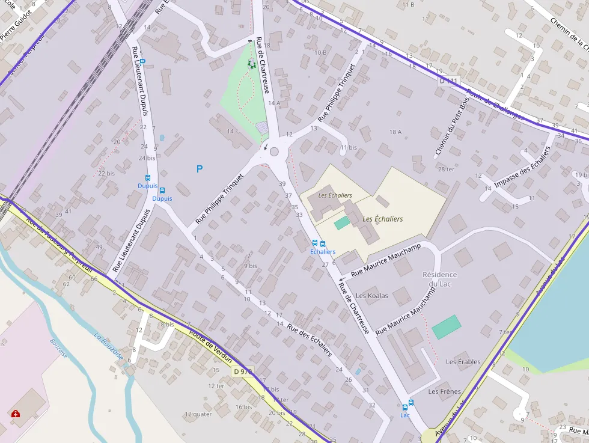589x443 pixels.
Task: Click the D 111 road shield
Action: point(448,81)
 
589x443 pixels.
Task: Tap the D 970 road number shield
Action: point(243,371)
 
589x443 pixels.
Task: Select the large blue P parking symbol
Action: point(200,170)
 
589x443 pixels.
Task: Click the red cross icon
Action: point(15,414)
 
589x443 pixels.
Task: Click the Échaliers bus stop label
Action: point(323,252)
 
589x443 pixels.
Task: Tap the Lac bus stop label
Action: point(405,415)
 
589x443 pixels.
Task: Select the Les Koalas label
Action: point(372,296)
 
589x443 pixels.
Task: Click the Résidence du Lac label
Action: point(439,279)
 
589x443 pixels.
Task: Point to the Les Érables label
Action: point(463,362)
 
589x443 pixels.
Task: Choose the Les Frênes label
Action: point(445,392)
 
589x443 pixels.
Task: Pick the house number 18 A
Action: point(395,132)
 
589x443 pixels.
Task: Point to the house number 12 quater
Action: point(198,414)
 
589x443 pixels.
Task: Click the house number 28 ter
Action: point(447,170)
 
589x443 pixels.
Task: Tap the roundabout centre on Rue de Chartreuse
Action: point(275,151)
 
